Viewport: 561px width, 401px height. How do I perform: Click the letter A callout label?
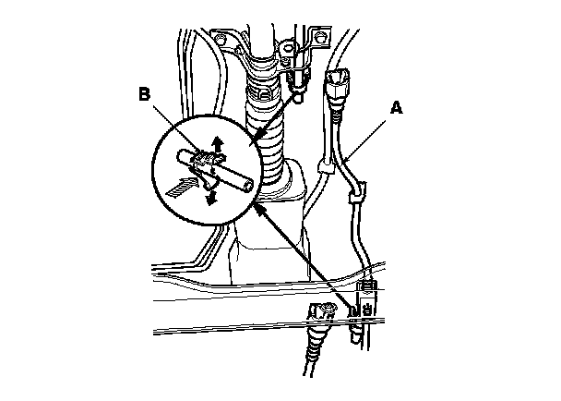[395, 108]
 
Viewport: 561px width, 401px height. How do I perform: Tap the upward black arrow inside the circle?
[219, 143]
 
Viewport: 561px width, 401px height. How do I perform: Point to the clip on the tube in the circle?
[205, 164]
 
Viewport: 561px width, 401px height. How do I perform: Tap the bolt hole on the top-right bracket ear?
[322, 39]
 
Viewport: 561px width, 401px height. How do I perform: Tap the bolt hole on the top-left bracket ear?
[221, 39]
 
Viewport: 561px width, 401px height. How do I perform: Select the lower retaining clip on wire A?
[353, 197]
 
